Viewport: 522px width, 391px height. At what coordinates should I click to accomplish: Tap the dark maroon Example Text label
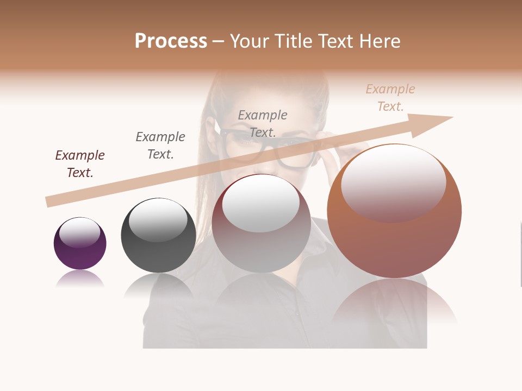pos(80,164)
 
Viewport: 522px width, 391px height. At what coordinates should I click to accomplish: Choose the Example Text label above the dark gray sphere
pos(160,146)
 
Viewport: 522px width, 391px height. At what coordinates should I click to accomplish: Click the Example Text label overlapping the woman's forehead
pos(263,123)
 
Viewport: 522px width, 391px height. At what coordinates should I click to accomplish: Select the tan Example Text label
pos(390,98)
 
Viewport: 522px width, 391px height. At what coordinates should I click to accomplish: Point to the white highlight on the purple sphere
pos(80,232)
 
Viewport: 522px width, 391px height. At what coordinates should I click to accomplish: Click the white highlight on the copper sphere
pos(393,182)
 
